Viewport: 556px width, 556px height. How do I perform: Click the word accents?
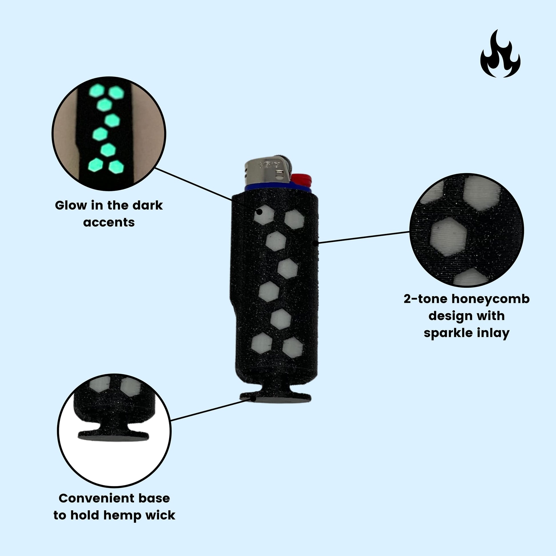tap(109, 223)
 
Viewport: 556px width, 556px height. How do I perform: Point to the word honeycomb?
tap(490, 300)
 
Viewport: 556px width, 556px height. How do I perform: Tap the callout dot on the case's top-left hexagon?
tap(259, 212)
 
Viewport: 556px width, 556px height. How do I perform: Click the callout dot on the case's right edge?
tap(316, 243)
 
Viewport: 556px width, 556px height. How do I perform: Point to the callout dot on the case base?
tap(253, 399)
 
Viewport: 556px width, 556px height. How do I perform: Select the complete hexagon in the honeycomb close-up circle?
tap(448, 237)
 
